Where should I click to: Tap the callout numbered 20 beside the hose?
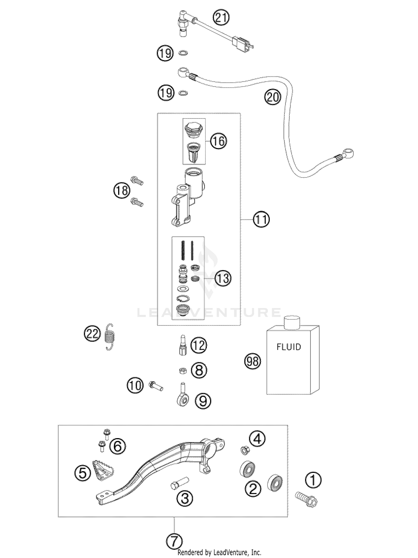(273, 97)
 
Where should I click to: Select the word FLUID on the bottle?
(289, 347)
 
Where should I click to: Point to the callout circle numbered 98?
(253, 361)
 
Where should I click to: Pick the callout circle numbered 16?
(218, 141)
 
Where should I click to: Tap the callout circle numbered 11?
(261, 220)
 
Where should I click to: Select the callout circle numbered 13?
(223, 278)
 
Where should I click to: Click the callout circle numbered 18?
(122, 191)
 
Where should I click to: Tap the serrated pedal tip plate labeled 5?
(104, 470)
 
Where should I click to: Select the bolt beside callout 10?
(156, 386)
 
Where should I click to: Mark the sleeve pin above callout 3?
(180, 483)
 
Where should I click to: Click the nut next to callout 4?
(245, 450)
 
